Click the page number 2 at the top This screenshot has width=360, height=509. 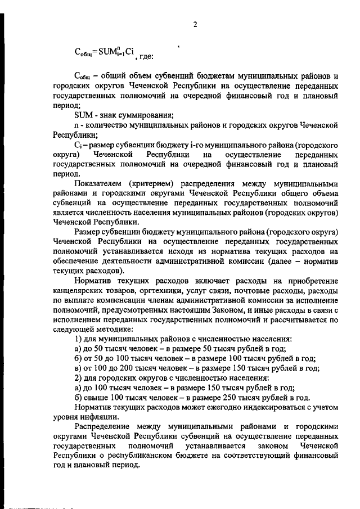195,24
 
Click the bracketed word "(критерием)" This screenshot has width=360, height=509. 150,184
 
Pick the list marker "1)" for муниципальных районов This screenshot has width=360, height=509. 79,339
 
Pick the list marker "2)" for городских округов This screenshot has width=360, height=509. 79,378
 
